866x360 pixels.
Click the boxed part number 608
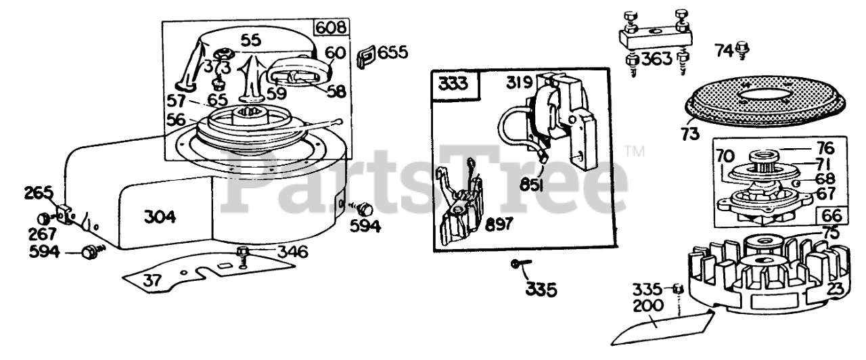click(332, 28)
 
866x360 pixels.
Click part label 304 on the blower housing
click(160, 217)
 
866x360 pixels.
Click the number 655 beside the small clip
click(393, 52)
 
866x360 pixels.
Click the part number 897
click(499, 225)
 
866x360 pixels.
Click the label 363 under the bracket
click(657, 58)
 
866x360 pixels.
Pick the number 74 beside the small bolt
click(725, 49)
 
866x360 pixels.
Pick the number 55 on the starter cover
click(251, 40)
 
